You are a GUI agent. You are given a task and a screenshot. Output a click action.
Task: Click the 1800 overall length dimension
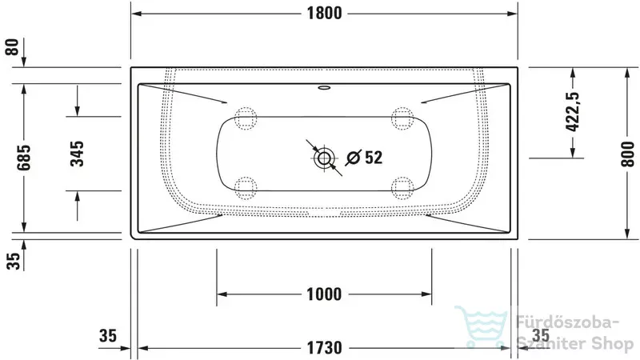(325, 13)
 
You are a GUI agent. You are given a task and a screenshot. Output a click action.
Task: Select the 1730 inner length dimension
(325, 348)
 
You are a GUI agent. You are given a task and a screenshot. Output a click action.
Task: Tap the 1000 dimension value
(324, 294)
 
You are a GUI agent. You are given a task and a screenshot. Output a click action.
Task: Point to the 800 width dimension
(628, 154)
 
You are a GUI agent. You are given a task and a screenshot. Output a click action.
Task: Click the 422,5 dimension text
(573, 111)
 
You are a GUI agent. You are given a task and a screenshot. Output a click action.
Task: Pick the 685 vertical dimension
(23, 157)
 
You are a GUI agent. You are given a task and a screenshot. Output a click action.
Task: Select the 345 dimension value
(77, 154)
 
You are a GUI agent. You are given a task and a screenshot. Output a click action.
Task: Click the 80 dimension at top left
(12, 47)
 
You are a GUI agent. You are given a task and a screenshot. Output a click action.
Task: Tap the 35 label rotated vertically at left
(13, 262)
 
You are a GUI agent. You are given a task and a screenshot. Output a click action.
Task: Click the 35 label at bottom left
(108, 335)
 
